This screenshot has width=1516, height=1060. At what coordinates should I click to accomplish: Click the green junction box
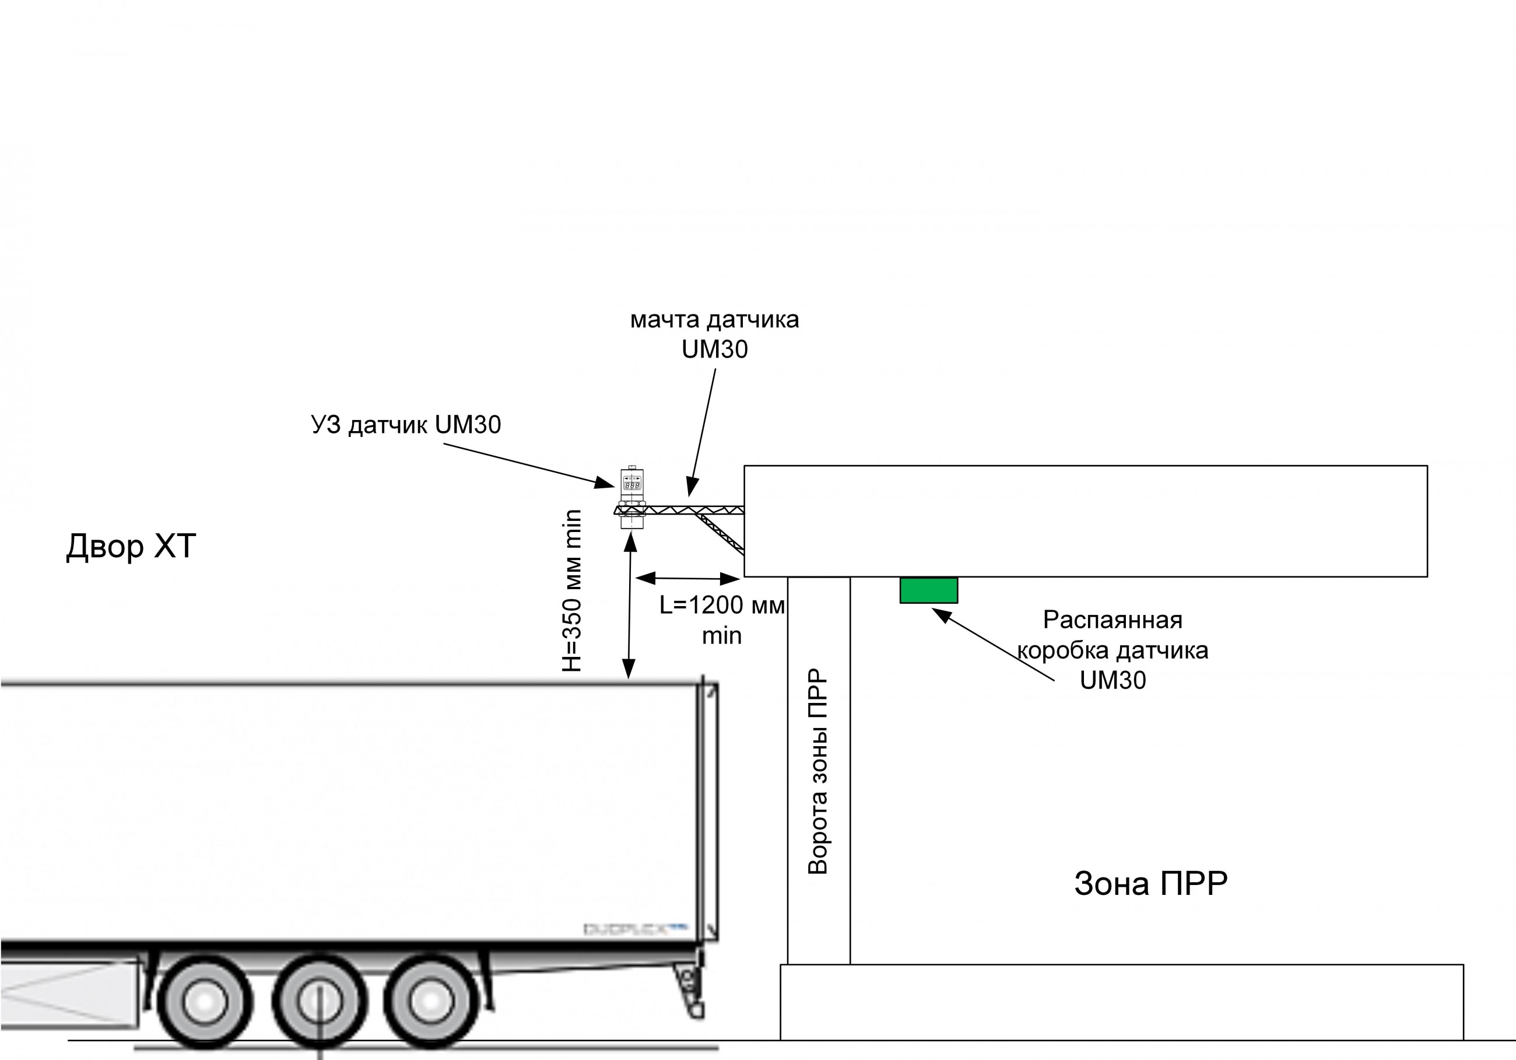(928, 590)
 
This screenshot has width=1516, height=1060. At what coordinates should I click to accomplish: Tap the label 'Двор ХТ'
(131, 546)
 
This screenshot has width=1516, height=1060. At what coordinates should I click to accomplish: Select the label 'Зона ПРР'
(1150, 884)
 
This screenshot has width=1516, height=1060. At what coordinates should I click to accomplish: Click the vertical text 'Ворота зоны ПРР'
(818, 771)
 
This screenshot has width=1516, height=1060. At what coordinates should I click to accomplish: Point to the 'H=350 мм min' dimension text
(572, 591)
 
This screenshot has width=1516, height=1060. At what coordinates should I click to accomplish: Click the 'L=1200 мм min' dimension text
(722, 620)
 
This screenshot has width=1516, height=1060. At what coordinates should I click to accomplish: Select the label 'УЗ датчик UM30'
(405, 425)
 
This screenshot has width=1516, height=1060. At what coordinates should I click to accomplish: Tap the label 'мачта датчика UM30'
(714, 334)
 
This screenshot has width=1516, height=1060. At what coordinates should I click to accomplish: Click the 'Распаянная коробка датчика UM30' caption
(1113, 650)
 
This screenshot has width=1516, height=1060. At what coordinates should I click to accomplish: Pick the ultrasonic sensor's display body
(632, 484)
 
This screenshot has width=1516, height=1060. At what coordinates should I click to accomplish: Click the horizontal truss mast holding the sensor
(693, 510)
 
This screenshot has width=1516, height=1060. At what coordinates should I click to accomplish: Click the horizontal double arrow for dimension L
(687, 579)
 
